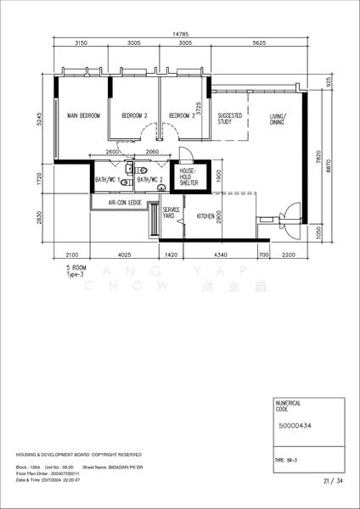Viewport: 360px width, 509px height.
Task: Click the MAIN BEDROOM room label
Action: click(78, 115)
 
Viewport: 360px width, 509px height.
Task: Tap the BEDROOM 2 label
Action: click(134, 115)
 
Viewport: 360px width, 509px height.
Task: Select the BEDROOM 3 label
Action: click(181, 115)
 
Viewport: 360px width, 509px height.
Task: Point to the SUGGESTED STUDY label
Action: click(230, 119)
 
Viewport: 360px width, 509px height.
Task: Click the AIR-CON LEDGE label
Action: click(123, 204)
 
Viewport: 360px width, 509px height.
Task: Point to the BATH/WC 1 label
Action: click(107, 180)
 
